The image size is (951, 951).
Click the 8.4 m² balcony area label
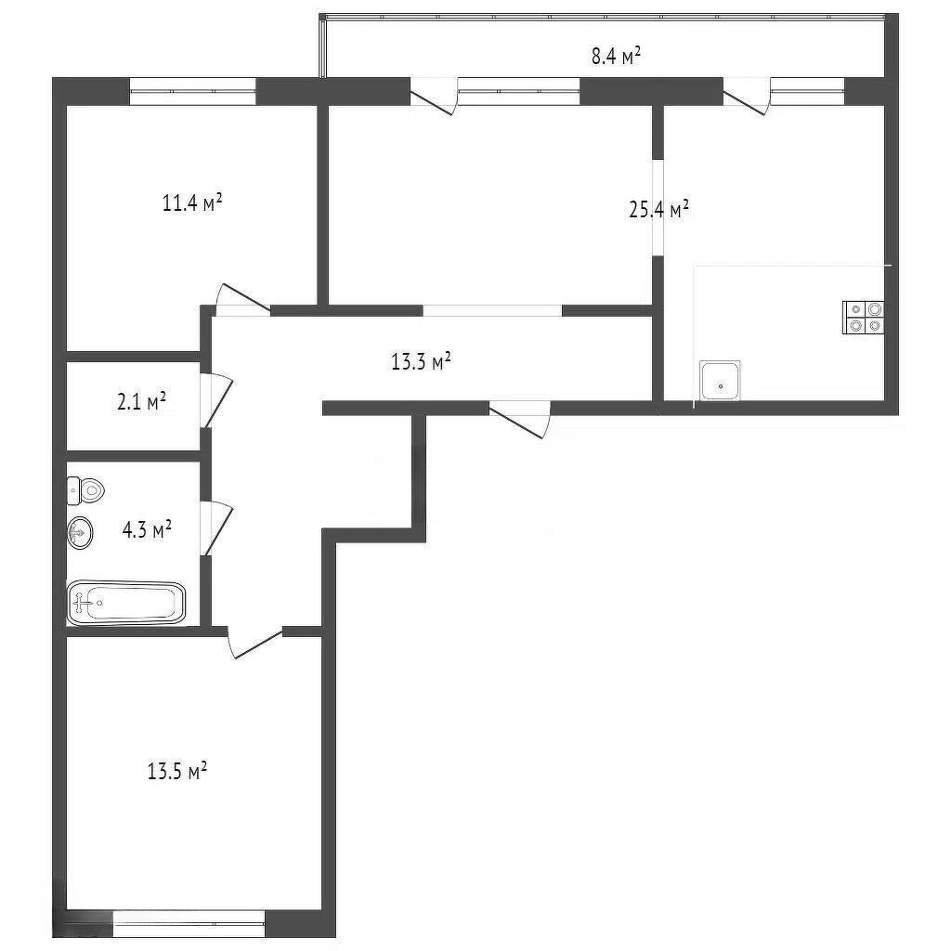[x=617, y=57]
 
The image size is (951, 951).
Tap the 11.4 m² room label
[x=191, y=202]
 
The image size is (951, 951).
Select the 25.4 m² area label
[x=658, y=209]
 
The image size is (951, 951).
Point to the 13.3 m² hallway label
[x=421, y=361]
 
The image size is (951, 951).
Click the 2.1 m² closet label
[x=142, y=401]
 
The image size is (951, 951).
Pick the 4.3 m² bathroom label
[x=147, y=528]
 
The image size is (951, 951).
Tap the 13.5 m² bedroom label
[x=177, y=771]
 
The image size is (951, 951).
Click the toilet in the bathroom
[x=85, y=490]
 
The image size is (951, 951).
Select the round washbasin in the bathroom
[x=80, y=533]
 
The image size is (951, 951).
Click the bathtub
[x=126, y=603]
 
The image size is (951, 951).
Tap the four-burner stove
[x=864, y=318]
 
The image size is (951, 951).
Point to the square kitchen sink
[x=720, y=380]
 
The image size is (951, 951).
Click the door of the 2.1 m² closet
[x=216, y=399]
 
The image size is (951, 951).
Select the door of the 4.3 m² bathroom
[x=216, y=528]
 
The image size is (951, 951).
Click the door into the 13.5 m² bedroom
[x=254, y=643]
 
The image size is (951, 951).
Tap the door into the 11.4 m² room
[x=243, y=300]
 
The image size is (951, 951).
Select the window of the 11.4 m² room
[x=193, y=92]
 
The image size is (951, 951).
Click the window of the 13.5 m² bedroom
[x=189, y=924]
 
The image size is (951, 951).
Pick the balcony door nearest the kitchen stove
[x=747, y=97]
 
